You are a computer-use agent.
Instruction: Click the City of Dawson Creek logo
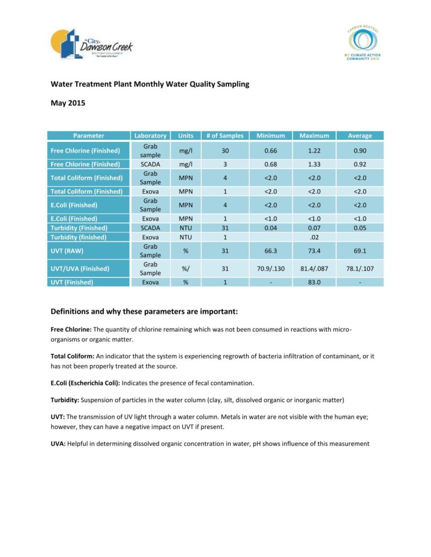click(91, 44)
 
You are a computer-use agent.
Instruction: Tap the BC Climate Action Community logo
click(362, 43)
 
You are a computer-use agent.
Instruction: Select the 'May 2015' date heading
click(68, 103)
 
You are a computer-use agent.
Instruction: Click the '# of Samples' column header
click(225, 135)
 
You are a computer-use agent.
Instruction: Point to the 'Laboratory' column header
click(150, 135)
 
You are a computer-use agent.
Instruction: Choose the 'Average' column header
click(360, 135)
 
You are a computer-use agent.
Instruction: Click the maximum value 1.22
click(314, 151)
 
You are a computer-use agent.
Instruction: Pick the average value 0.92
click(360, 164)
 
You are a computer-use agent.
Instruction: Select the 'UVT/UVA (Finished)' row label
click(80, 269)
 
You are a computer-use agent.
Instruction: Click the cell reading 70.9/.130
click(270, 269)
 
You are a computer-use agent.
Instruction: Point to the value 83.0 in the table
click(314, 282)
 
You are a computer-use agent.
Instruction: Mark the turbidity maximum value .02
click(314, 237)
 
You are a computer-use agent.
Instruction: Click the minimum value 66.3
click(270, 251)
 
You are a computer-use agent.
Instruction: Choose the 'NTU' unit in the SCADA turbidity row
click(186, 228)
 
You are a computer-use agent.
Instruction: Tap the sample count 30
click(225, 151)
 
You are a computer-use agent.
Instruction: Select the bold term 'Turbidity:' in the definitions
click(65, 400)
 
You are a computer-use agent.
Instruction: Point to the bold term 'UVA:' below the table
click(58, 444)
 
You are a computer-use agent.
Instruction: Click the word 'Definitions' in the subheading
click(72, 312)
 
